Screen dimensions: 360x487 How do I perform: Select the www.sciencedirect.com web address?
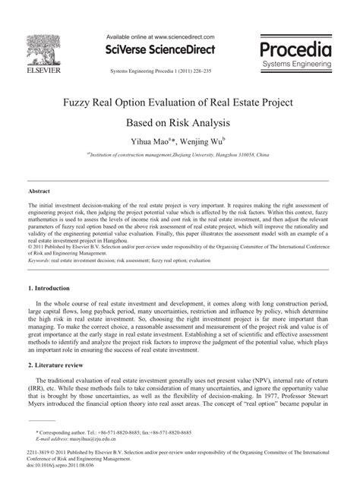pyautogui.click(x=182, y=36)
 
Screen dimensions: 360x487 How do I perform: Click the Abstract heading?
pyautogui.click(x=39, y=191)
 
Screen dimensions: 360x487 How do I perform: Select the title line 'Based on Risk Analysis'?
pyautogui.click(x=179, y=123)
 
